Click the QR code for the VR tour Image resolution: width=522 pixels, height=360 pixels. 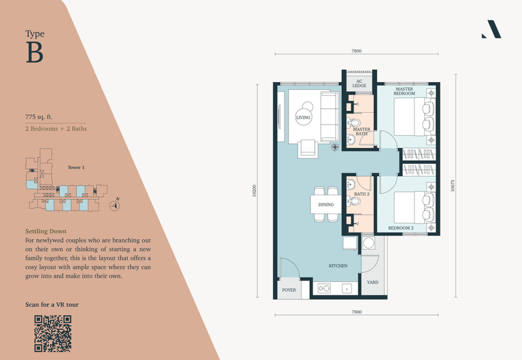pos(53,334)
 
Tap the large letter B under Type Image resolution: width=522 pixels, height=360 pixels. pos(35,52)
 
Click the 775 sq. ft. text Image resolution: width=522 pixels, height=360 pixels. pos(39,117)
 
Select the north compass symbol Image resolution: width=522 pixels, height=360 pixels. pos(115,205)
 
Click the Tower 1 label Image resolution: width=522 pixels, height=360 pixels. pos(76,168)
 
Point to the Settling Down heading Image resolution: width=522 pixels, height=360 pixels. pos(46,232)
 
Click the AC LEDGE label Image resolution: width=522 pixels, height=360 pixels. pos(360,83)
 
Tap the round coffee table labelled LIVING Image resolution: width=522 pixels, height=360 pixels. pos(303,117)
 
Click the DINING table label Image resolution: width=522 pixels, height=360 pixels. pos(326,205)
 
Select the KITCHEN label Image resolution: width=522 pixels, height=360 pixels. pos(338,266)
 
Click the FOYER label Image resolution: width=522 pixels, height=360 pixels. pos(289,290)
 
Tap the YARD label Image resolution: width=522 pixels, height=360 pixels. pos(373,282)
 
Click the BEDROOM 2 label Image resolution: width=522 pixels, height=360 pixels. pos(401,228)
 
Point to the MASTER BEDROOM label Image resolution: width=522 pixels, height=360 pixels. pos(405,91)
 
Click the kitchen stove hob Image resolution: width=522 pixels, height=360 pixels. pos(324,288)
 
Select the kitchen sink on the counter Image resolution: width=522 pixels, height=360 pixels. pos(347,288)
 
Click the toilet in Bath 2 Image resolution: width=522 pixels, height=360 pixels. pos(354,202)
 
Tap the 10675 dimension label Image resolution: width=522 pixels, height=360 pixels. pos(452,186)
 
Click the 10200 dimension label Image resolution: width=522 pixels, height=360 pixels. pos(254,190)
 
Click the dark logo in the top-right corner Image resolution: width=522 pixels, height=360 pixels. pos(491,29)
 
